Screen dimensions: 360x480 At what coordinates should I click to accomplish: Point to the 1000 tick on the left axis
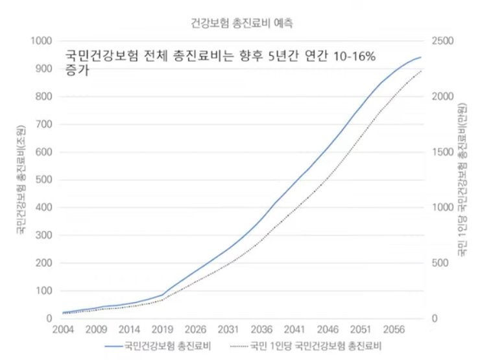click(x=40, y=41)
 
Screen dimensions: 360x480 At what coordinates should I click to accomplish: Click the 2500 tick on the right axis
click(x=445, y=41)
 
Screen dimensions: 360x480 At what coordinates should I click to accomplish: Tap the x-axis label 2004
click(x=62, y=329)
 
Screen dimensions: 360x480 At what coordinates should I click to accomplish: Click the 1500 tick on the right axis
click(x=445, y=152)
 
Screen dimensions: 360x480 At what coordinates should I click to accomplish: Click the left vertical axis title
click(x=21, y=178)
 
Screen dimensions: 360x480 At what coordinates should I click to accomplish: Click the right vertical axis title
click(x=461, y=178)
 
